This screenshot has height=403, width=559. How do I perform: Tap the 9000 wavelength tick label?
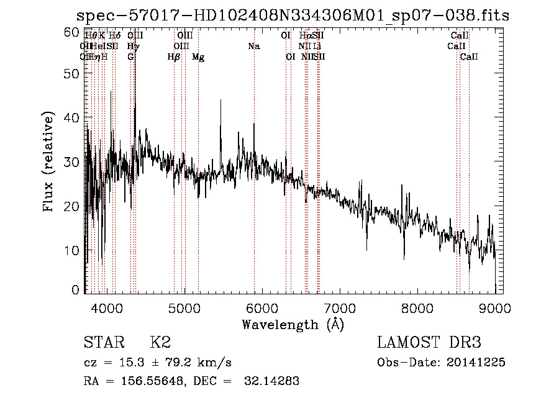[x=494, y=307]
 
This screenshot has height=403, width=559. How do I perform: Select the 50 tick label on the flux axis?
[x=73, y=73]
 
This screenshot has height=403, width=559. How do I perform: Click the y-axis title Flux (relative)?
[x=50, y=162]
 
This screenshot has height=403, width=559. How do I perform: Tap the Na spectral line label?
[x=253, y=46]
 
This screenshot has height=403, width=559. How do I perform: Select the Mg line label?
[x=198, y=57]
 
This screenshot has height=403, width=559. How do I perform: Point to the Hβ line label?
[x=174, y=57]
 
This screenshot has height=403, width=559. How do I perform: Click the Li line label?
[x=317, y=46]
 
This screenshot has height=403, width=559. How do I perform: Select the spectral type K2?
[x=160, y=343]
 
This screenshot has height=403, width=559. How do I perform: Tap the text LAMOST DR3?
[x=429, y=343]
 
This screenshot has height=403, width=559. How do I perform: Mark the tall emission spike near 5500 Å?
[x=220, y=102]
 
